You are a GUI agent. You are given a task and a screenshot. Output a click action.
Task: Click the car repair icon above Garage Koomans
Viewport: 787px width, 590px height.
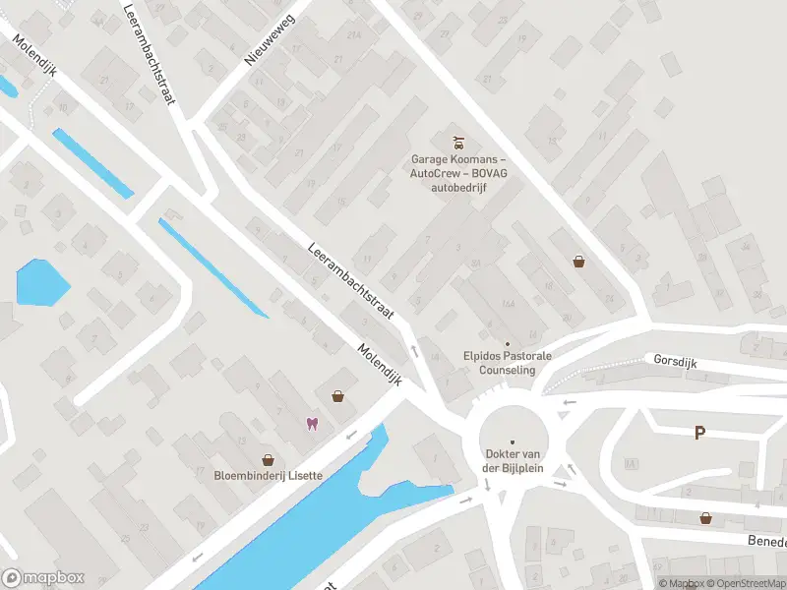point(456,143)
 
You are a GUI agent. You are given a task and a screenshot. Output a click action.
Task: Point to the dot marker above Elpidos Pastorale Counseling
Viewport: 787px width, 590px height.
point(508,343)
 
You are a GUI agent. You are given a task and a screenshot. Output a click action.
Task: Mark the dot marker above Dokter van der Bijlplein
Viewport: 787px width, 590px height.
point(513,441)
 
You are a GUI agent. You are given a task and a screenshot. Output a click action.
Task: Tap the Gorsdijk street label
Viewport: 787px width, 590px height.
point(675,361)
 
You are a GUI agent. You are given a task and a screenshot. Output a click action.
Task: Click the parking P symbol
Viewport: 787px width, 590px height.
point(699,433)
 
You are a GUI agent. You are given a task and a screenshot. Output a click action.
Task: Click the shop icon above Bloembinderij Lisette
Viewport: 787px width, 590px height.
point(267,459)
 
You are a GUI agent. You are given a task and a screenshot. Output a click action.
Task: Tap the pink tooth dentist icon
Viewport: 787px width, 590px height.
point(312,424)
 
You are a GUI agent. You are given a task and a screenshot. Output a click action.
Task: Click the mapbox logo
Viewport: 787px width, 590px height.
point(43,578)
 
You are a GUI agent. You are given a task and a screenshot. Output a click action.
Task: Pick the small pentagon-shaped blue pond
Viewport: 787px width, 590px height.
point(42,282)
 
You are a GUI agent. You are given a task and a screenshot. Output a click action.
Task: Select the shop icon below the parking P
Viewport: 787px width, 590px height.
point(705,517)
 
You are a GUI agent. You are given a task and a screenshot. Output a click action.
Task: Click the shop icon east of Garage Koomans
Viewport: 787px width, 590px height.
point(579,261)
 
